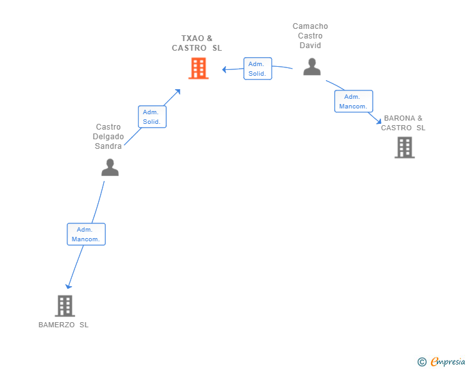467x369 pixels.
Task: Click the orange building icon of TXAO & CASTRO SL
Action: (198, 69)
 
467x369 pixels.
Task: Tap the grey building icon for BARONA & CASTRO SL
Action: (404, 147)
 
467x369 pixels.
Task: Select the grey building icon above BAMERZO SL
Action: (65, 306)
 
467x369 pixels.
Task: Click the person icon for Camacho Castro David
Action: (312, 67)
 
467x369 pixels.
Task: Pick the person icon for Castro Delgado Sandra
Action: (110, 167)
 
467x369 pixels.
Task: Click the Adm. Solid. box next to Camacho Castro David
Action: (258, 69)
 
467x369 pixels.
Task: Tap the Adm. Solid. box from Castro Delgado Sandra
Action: (152, 117)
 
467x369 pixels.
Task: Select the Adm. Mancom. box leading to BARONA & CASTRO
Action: (353, 101)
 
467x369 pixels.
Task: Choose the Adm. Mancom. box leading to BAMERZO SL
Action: (86, 234)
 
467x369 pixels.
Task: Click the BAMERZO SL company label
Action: (64, 325)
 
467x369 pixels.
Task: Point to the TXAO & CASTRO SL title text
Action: (197, 43)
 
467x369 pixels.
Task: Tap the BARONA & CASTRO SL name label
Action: (403, 123)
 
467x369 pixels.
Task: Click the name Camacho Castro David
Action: (310, 36)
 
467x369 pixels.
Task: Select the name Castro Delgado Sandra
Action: (108, 137)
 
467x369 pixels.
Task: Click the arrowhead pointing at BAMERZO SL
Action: (68, 286)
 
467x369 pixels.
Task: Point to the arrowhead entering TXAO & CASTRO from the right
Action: (225, 70)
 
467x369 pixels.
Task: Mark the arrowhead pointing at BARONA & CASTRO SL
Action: (379, 121)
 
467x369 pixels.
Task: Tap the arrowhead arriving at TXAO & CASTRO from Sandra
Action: (178, 92)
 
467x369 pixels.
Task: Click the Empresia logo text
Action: (448, 361)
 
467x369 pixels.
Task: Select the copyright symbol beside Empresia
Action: (422, 362)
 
